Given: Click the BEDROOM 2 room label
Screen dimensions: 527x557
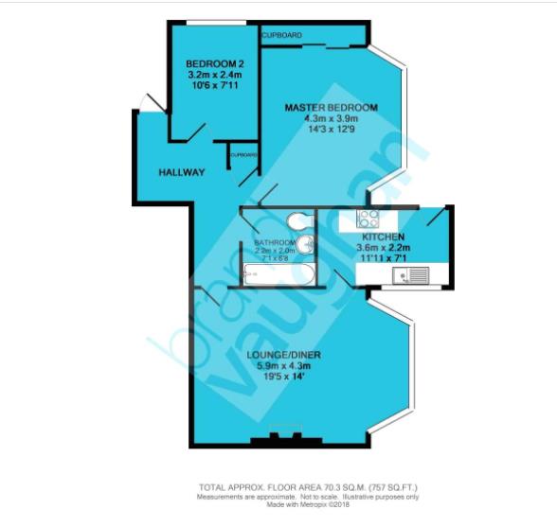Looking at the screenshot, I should click(208, 63).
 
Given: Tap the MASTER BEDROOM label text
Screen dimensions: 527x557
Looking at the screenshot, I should click(331, 108).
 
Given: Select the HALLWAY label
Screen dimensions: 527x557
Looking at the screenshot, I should click(182, 172).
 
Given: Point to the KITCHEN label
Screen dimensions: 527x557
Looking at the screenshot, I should click(383, 237).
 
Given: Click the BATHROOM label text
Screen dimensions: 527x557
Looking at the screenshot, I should click(275, 242).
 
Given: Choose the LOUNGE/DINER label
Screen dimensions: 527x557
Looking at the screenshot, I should click(283, 355).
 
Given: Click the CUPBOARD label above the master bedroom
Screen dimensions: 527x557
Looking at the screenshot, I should click(282, 35).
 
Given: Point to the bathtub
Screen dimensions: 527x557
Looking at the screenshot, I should click(278, 273).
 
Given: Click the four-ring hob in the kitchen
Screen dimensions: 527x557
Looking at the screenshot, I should click(367, 220).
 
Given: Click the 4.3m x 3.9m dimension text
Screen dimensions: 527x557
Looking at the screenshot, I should click(331, 119).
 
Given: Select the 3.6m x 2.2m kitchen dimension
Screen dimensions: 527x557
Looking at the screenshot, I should click(383, 246).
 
